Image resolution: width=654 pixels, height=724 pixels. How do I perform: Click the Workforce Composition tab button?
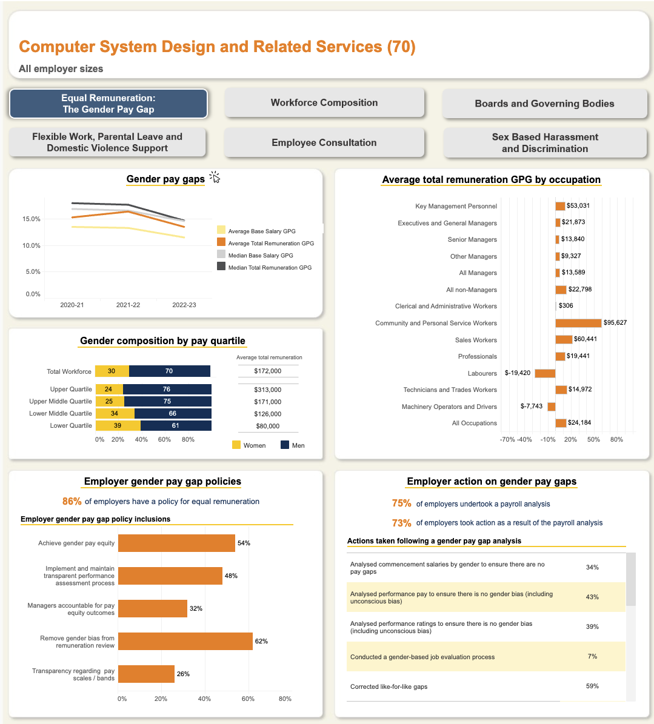click(x=324, y=103)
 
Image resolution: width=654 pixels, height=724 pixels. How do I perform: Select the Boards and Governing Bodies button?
click(x=544, y=104)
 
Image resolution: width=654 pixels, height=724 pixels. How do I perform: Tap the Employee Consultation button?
click(x=324, y=143)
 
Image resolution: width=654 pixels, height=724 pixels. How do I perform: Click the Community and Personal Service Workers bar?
click(x=578, y=323)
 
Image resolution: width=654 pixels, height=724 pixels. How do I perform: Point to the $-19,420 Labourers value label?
click(x=517, y=373)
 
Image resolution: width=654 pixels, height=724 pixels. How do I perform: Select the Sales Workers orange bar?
click(x=564, y=339)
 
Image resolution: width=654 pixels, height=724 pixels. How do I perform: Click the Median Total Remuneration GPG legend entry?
click(x=221, y=267)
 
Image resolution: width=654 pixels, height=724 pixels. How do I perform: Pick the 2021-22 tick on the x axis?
click(x=128, y=305)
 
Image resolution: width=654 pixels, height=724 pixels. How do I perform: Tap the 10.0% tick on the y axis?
click(x=32, y=245)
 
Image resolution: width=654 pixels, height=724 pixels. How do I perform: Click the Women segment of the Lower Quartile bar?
click(x=118, y=425)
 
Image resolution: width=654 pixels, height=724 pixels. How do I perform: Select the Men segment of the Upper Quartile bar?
click(x=167, y=389)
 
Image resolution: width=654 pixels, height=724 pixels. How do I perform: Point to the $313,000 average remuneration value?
click(x=267, y=390)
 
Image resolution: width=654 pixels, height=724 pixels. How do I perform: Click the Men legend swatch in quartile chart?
click(x=285, y=445)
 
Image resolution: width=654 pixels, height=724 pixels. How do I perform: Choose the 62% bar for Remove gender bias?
click(x=185, y=641)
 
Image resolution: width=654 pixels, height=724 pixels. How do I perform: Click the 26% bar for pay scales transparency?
click(x=146, y=674)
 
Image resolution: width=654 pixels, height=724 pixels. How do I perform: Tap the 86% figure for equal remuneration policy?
click(x=72, y=502)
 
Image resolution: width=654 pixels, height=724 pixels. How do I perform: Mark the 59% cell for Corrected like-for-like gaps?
click(x=592, y=686)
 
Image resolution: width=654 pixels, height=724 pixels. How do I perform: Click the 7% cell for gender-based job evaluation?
click(x=592, y=657)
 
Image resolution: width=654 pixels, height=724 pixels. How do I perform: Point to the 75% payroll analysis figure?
click(x=401, y=503)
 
